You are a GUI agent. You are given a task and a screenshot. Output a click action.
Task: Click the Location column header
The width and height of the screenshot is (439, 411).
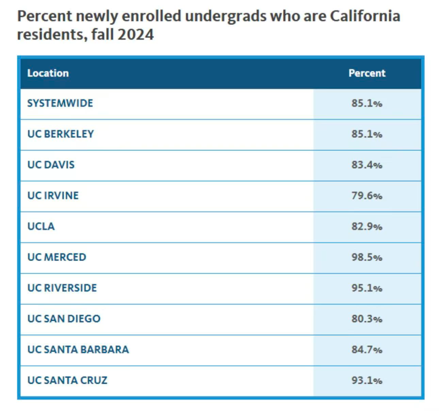click(48, 73)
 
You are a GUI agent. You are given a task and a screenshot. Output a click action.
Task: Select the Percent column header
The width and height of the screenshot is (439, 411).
click(367, 73)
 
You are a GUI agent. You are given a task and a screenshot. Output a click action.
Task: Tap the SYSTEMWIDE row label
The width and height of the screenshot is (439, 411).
click(60, 103)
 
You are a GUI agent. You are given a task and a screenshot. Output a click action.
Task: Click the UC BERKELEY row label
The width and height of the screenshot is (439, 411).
click(61, 134)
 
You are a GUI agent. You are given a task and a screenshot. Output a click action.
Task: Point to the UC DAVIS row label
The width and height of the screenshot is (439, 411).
click(51, 165)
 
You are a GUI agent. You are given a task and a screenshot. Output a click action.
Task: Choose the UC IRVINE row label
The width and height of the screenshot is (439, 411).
click(53, 196)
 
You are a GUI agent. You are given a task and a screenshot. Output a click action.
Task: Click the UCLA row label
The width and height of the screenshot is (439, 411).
click(41, 226)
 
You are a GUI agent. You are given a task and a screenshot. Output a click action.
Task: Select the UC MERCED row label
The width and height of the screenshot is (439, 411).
click(57, 257)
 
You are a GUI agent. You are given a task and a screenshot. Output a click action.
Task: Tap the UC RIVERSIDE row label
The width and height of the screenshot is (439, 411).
click(62, 288)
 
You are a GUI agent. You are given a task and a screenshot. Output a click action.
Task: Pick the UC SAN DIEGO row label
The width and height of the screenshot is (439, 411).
click(64, 319)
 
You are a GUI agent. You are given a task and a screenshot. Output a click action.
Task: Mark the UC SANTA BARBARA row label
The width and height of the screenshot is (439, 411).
click(78, 350)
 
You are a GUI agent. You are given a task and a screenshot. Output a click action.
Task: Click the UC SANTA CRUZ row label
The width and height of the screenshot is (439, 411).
click(67, 381)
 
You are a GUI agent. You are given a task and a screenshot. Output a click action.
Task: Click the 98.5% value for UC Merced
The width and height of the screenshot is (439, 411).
click(367, 257)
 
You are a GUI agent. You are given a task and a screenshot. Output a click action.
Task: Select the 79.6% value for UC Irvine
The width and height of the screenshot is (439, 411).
click(367, 196)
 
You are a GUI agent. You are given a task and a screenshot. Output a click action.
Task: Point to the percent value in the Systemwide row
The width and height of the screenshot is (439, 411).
click(367, 103)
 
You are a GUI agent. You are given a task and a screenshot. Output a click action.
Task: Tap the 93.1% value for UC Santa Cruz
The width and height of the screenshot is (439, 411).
click(367, 381)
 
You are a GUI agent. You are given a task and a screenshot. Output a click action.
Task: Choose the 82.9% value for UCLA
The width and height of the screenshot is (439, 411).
click(367, 226)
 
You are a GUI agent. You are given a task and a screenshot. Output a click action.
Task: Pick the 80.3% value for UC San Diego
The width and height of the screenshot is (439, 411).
click(367, 319)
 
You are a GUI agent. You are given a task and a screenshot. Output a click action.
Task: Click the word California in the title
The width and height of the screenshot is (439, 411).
click(365, 16)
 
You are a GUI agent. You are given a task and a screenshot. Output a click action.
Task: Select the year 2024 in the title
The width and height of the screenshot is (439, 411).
click(136, 35)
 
